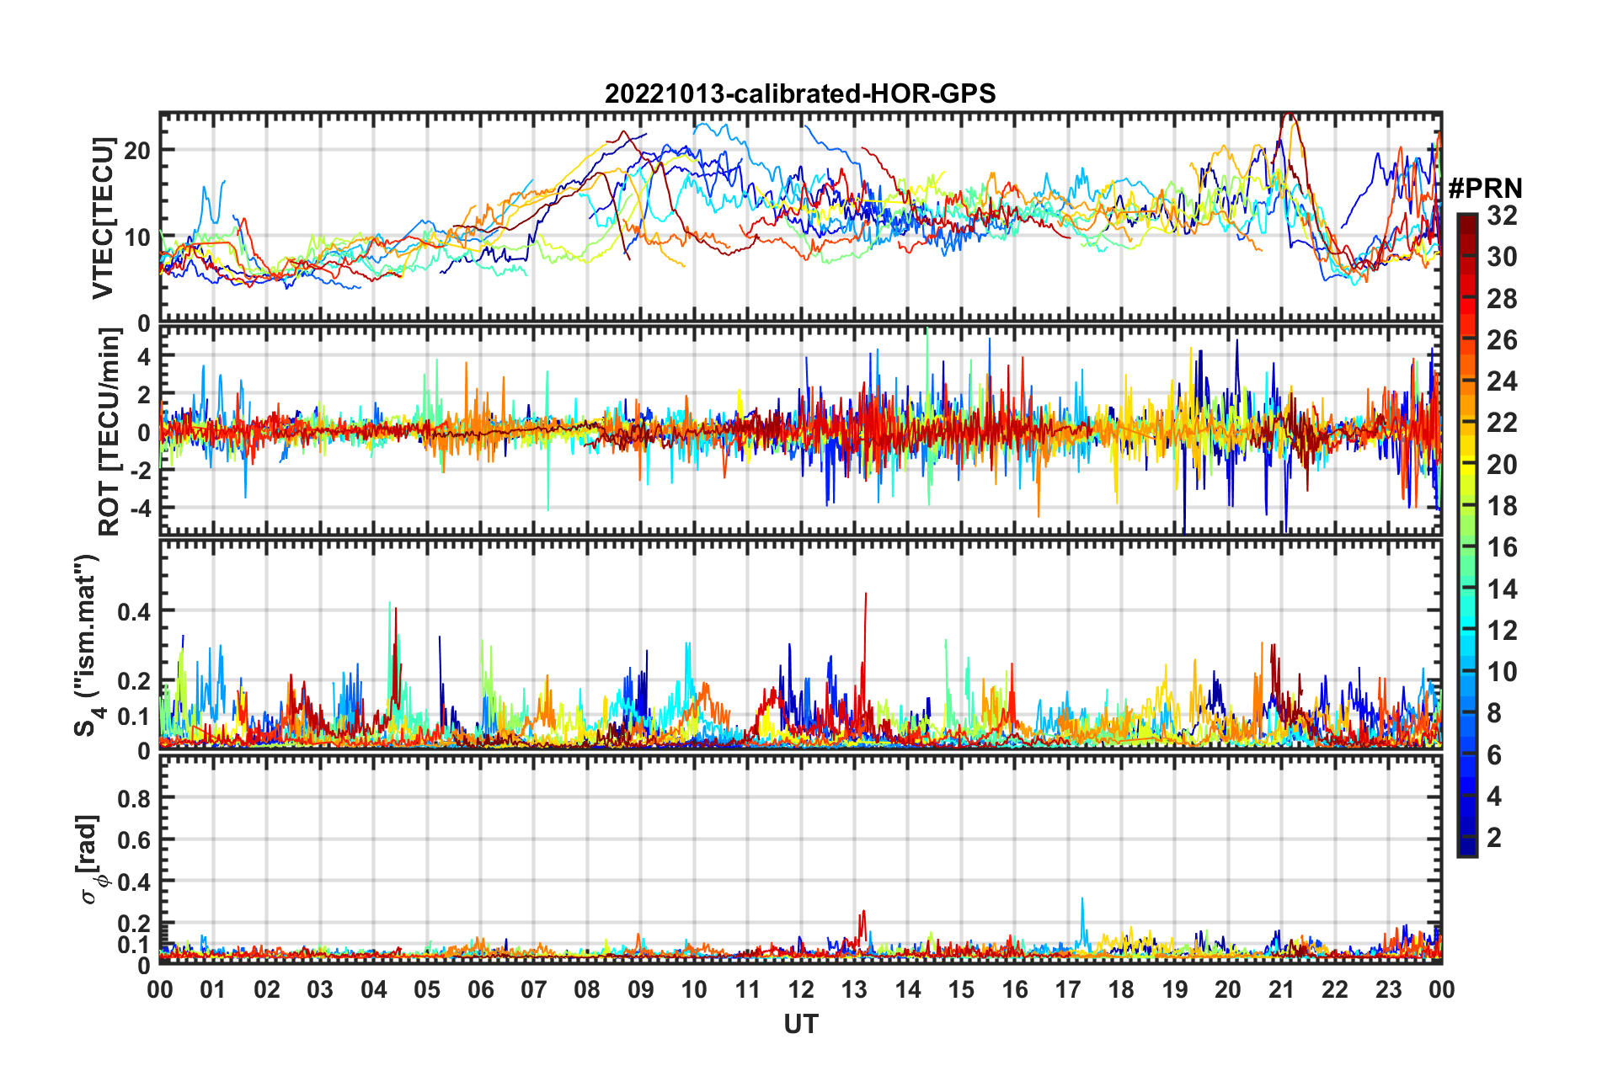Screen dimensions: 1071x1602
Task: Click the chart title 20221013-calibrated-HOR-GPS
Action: [799, 93]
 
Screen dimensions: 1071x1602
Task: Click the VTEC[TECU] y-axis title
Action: [103, 218]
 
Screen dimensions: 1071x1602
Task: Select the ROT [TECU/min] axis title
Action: [109, 432]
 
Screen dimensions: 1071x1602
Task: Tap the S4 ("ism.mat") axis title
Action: [88, 645]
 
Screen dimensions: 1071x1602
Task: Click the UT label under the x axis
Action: [800, 1025]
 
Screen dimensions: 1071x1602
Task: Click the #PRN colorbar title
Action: [1485, 189]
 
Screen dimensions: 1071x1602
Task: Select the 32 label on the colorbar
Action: [1502, 216]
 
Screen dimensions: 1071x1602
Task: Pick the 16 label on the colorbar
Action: [1502, 548]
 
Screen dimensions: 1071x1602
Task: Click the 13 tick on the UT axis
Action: [854, 990]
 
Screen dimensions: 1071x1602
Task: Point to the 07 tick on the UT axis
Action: [534, 990]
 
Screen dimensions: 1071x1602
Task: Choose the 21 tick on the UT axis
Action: [1281, 990]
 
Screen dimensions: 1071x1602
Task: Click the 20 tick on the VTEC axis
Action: [137, 152]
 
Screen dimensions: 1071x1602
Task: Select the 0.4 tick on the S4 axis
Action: [134, 611]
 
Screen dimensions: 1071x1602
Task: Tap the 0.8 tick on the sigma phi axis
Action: [134, 798]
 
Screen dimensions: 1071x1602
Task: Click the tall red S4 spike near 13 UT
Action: [865, 596]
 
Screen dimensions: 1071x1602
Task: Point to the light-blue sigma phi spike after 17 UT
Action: [1082, 901]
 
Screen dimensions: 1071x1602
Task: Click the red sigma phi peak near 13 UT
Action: [862, 913]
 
